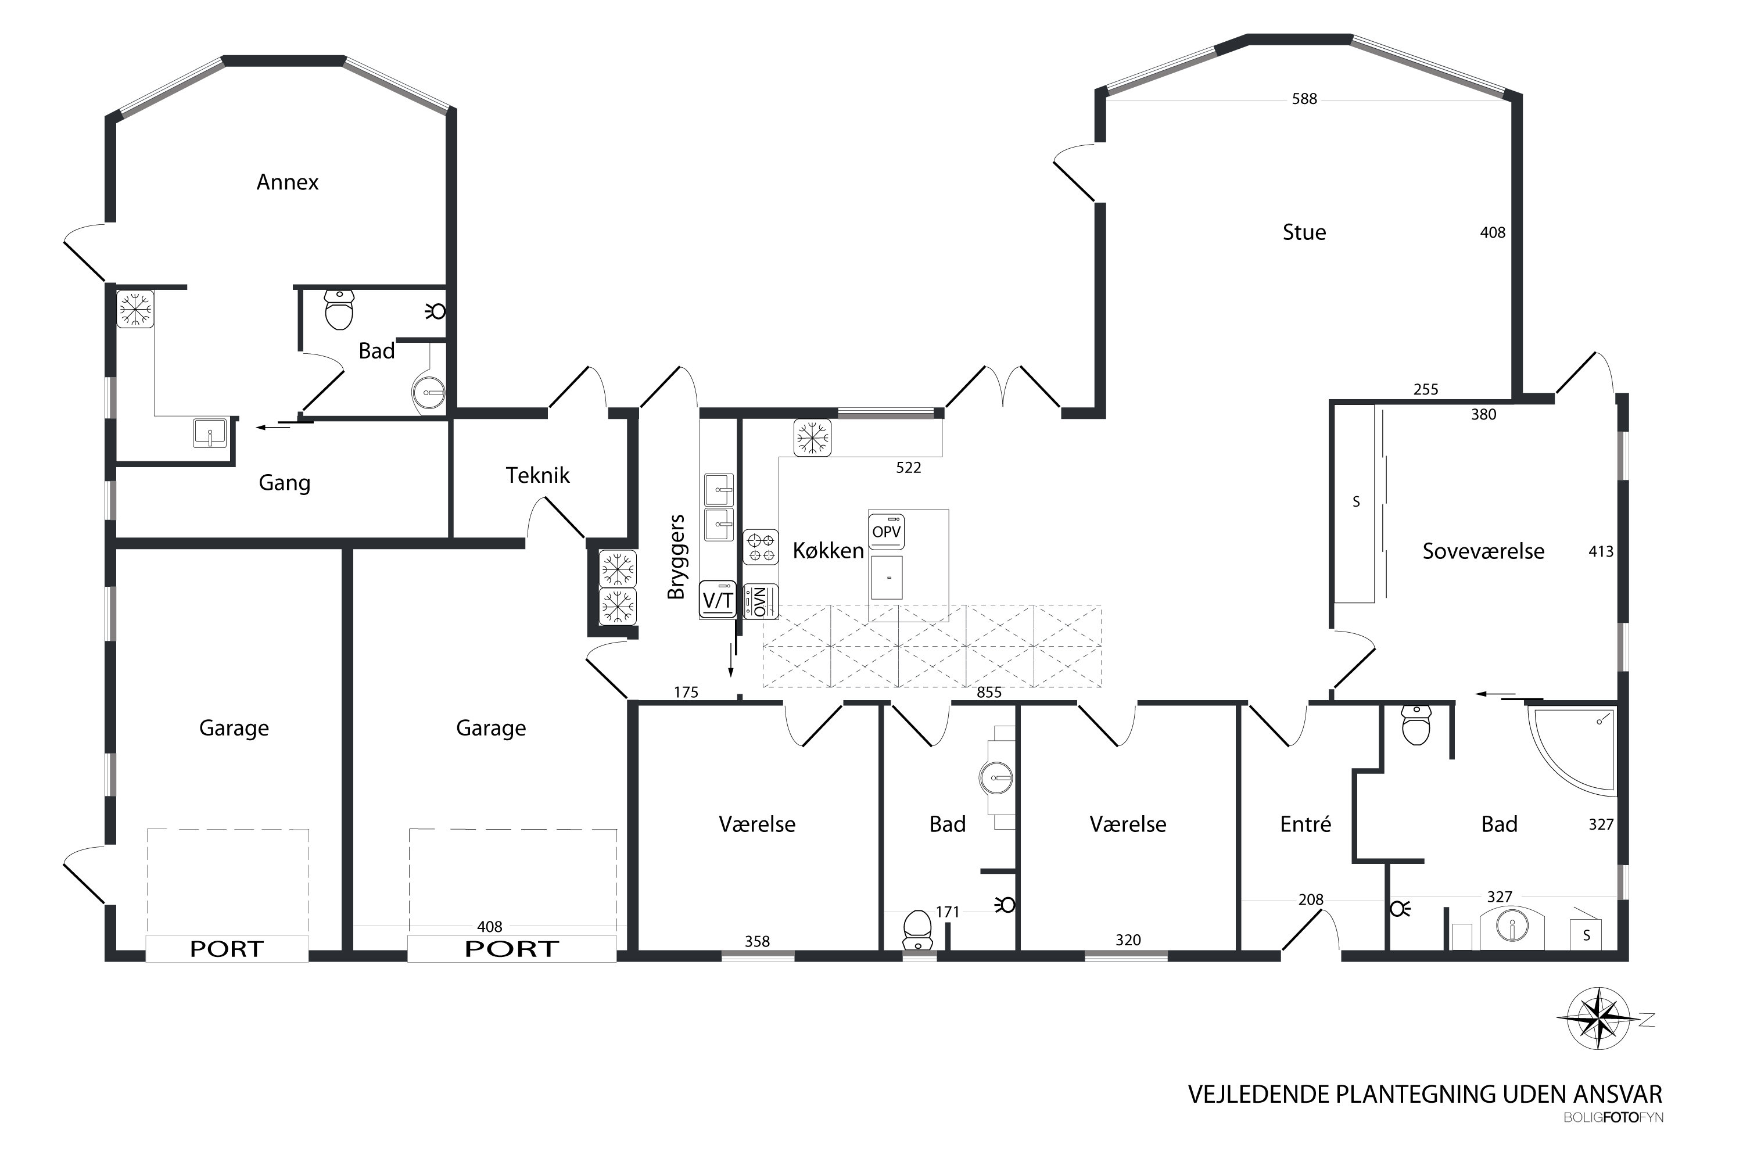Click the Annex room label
click(x=288, y=182)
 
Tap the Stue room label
click(x=1304, y=233)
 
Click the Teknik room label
click(x=537, y=475)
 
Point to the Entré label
click(x=1305, y=824)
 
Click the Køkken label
click(x=828, y=551)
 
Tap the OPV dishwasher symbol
click(x=887, y=532)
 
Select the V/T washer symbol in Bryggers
click(x=718, y=600)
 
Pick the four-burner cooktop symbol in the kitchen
click(x=761, y=547)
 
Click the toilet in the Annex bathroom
click(x=339, y=310)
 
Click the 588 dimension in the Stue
click(x=1304, y=99)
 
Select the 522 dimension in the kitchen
click(x=909, y=468)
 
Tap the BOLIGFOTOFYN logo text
click(x=1613, y=1117)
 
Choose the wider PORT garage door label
click(x=511, y=949)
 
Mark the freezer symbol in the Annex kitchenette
click(x=135, y=309)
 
